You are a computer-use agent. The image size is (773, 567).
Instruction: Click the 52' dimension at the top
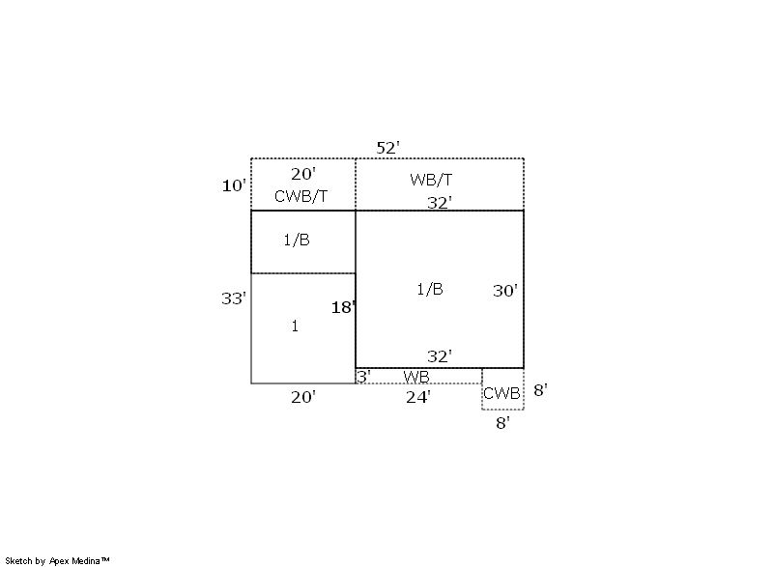388,148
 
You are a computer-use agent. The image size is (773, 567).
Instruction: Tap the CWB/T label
301,196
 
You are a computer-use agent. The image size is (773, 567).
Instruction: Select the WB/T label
431,180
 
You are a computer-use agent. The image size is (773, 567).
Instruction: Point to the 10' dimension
234,185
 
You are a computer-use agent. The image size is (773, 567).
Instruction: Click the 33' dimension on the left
234,298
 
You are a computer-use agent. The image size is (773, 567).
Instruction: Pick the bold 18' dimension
344,307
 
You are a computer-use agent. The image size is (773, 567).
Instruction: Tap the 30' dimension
505,291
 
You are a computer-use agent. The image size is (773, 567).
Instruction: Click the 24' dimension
418,397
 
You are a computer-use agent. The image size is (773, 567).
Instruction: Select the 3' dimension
364,377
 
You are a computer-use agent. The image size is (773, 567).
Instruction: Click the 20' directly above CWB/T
303,174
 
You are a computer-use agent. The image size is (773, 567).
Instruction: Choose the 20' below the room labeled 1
303,397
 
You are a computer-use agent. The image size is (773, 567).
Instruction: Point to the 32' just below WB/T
440,203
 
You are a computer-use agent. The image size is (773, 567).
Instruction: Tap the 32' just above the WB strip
440,356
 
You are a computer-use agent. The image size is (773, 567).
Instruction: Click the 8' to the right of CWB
541,390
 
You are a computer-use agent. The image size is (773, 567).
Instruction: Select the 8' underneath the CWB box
502,423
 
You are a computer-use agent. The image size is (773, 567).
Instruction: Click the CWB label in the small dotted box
501,393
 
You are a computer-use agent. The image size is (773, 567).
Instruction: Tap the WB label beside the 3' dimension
416,377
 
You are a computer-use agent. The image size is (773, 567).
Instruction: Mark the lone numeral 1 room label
295,326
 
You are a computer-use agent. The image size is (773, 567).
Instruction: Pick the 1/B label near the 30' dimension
430,289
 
